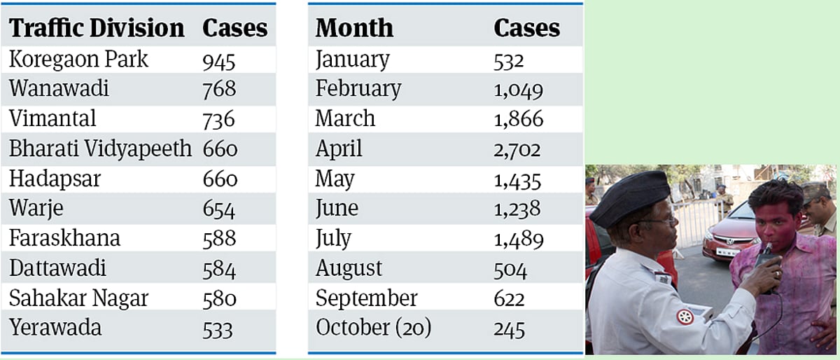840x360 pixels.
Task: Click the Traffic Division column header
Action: [x=97, y=28]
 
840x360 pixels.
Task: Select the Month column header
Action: [x=354, y=28]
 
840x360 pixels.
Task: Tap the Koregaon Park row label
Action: [x=78, y=60]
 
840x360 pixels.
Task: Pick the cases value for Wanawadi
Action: [x=219, y=90]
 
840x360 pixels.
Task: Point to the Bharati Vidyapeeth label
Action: [x=100, y=149]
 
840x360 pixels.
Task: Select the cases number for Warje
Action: [x=219, y=209]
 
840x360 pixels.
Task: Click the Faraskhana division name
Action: [x=64, y=238]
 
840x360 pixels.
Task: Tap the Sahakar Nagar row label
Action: [x=78, y=298]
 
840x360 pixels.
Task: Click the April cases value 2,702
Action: [x=517, y=150]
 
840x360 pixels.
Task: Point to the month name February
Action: [x=358, y=90]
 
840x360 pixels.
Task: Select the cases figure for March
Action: [x=518, y=120]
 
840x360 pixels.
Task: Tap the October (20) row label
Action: [x=373, y=328]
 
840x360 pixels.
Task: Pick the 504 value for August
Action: [x=510, y=270]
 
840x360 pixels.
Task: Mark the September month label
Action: [x=366, y=298]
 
